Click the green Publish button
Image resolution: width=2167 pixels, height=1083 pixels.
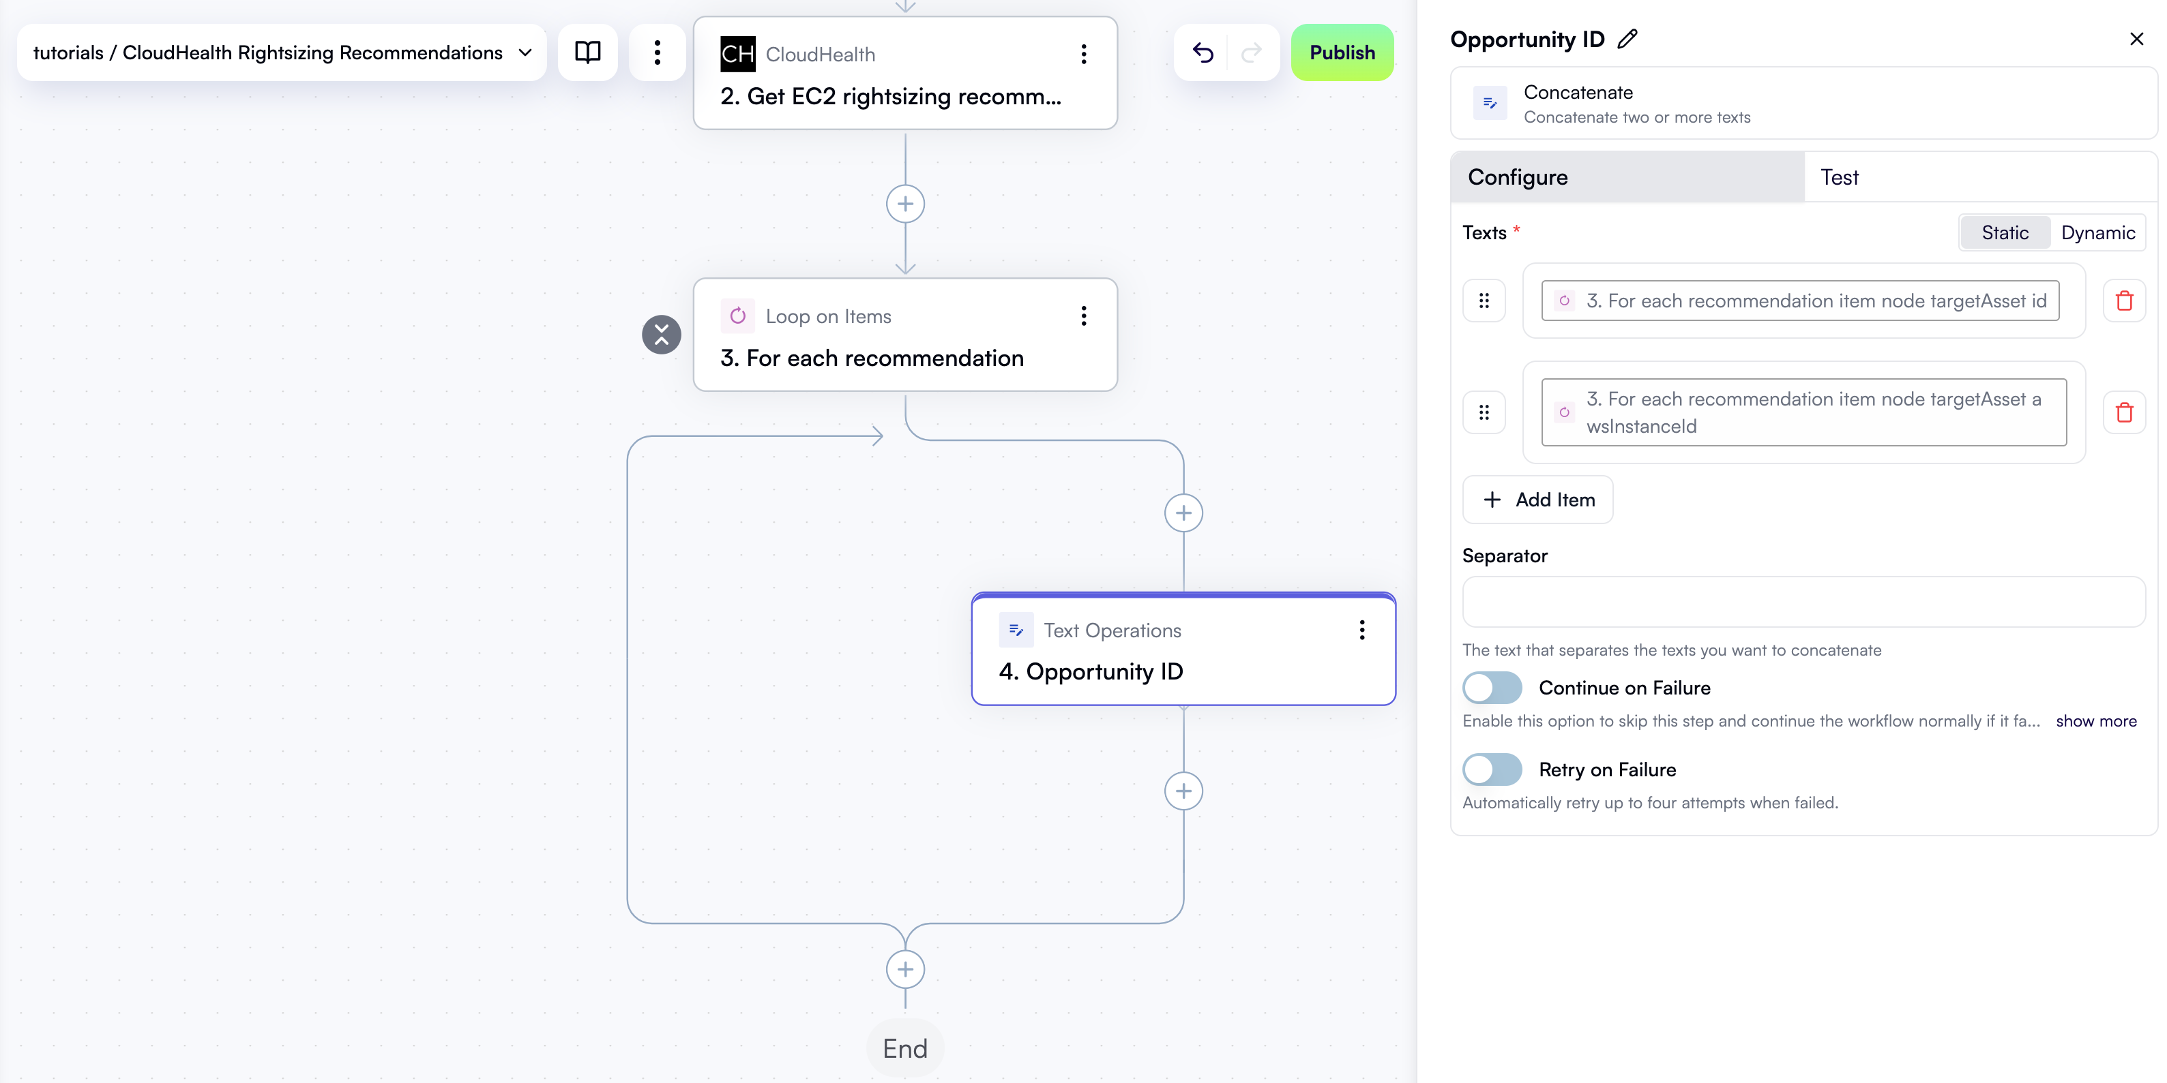(1341, 52)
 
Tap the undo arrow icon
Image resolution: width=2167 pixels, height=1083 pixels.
(1203, 52)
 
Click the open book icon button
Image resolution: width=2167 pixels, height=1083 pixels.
(587, 52)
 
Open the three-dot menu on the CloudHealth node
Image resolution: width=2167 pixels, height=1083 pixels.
(1083, 54)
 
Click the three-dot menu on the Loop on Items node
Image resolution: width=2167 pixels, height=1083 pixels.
(1083, 316)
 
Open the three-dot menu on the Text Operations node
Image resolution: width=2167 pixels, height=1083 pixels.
(1361, 630)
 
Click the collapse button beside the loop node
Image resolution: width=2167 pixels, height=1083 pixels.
(661, 335)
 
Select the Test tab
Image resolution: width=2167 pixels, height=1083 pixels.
(1839, 177)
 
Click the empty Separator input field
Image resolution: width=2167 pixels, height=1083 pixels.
(1803, 602)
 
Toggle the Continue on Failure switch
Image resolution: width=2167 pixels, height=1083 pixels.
(1492, 688)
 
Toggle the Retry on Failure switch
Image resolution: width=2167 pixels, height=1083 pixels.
(1492, 769)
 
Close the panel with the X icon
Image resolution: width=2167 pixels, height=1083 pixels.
(2136, 39)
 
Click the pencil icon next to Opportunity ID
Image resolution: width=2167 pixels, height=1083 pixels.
(1627, 39)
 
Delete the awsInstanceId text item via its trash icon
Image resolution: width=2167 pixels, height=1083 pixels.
(2123, 412)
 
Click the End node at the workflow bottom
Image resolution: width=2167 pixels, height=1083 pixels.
(904, 1048)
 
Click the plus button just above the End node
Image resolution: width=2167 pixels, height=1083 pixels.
(904, 968)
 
